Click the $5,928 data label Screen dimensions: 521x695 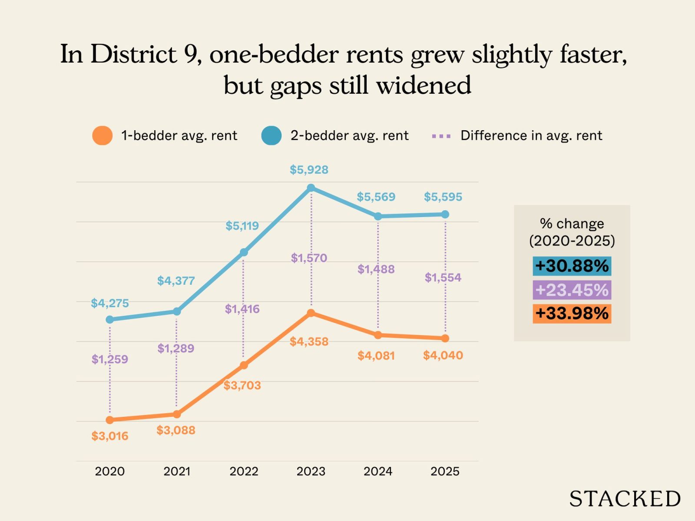click(x=309, y=170)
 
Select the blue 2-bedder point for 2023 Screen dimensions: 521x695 click(x=311, y=188)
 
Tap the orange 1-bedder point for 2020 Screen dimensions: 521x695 click(x=110, y=420)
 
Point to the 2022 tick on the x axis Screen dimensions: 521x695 click(x=244, y=471)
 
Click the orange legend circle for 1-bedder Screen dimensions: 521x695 click(x=103, y=135)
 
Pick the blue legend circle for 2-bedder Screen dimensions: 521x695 click(x=271, y=135)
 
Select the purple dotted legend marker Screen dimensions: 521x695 click(x=441, y=136)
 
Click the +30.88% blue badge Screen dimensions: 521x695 click(x=572, y=266)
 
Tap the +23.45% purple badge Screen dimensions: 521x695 click(x=572, y=290)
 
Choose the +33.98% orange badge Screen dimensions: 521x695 click(x=572, y=313)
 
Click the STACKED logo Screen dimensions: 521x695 click(x=625, y=499)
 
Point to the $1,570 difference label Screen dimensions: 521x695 click(x=309, y=258)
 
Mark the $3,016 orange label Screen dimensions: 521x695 click(x=110, y=436)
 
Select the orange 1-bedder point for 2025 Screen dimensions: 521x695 click(x=445, y=338)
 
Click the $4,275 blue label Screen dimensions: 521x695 click(x=110, y=303)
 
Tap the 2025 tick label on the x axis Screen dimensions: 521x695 click(x=445, y=471)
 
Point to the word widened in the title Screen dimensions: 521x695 click(x=424, y=85)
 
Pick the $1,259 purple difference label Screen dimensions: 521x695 click(x=110, y=359)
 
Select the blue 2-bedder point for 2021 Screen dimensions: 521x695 click(x=177, y=311)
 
